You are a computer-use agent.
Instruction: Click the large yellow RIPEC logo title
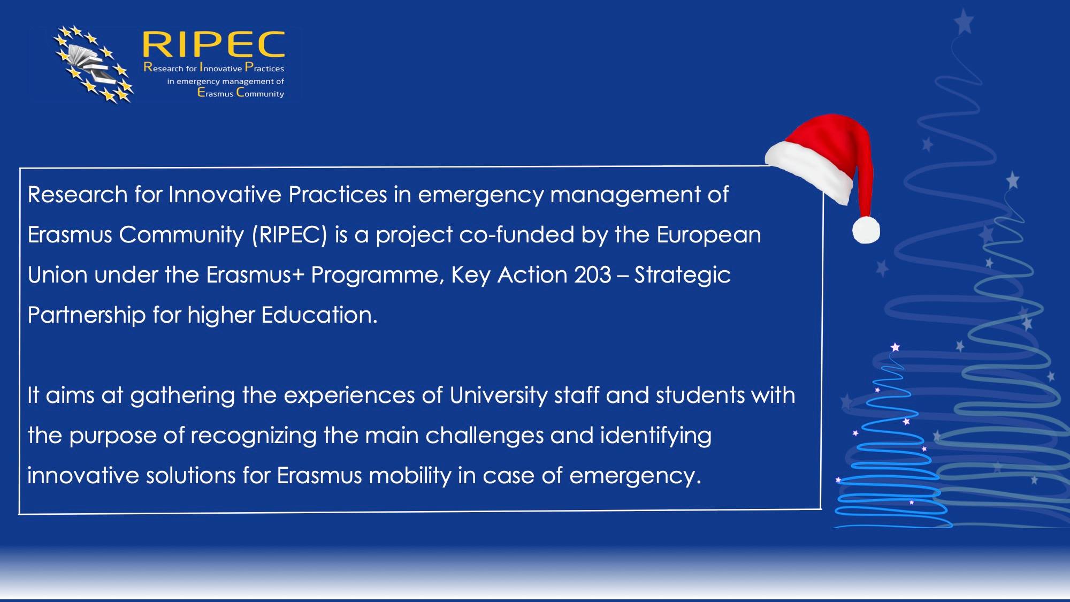coord(213,44)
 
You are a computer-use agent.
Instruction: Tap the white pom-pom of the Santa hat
coord(866,230)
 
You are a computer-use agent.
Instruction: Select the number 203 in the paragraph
coord(592,275)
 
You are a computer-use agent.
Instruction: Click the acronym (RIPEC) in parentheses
coord(289,235)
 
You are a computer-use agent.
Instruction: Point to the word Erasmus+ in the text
coord(255,275)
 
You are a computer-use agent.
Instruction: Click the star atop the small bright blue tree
coord(895,347)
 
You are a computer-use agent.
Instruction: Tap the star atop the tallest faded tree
coord(964,22)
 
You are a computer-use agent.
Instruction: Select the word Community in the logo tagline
coord(260,93)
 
